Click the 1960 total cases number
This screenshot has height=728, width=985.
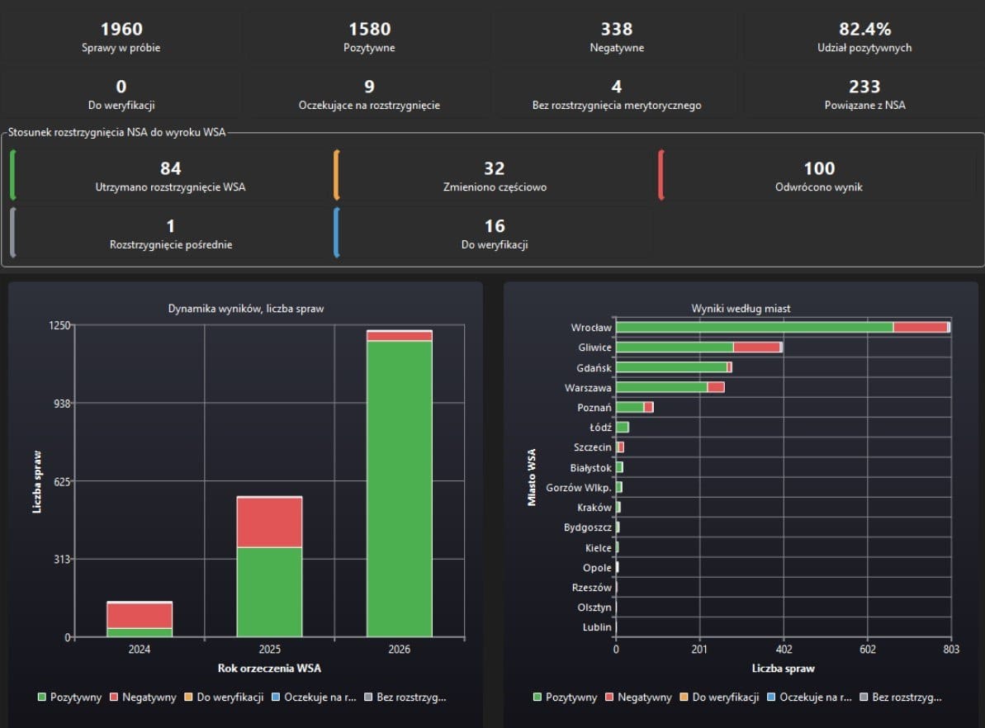point(121,29)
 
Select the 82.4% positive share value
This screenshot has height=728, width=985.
point(864,29)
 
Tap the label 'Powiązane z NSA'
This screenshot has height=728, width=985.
point(864,106)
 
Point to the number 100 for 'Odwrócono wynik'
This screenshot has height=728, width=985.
point(819,168)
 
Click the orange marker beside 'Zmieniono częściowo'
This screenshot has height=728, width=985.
point(337,175)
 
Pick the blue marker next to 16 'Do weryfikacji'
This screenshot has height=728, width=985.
point(337,233)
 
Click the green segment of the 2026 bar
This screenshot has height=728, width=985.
point(400,489)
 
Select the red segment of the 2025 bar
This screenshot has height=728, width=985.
point(269,522)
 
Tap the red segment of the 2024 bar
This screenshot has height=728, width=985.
point(140,616)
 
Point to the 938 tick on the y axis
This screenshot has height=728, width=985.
point(62,404)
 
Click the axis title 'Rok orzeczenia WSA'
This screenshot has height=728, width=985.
point(269,669)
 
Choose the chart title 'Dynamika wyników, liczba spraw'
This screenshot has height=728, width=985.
point(246,309)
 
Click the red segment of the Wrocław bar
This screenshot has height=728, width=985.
point(921,327)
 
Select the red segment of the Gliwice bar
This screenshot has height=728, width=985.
point(756,347)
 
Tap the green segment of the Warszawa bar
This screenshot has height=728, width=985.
point(661,388)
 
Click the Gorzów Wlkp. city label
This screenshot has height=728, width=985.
point(579,488)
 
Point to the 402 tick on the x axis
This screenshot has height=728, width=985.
point(784,650)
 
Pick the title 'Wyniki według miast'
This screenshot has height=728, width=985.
point(741,309)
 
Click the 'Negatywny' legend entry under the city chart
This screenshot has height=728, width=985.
point(638,697)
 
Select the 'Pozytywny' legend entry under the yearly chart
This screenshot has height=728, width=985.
point(69,697)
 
